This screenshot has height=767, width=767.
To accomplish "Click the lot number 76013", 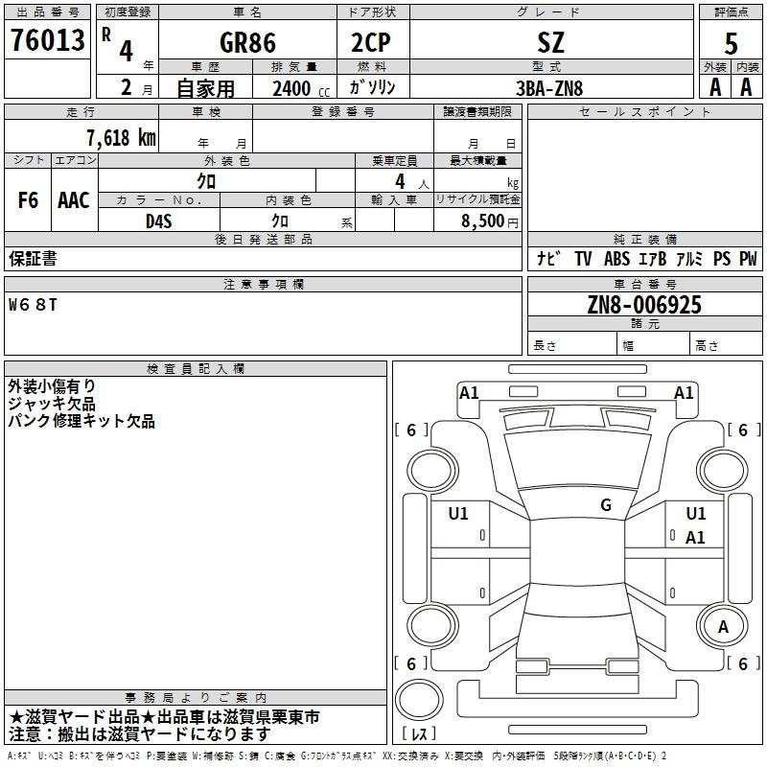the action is [47, 39].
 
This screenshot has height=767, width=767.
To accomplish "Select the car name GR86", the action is [247, 42].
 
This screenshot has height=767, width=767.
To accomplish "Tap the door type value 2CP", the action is [371, 42].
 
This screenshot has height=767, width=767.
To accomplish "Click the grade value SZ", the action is [550, 42].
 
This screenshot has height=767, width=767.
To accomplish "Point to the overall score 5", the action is [731, 43].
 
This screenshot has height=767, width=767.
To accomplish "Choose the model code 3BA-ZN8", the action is [549, 88].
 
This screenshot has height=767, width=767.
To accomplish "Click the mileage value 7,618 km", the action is [122, 138].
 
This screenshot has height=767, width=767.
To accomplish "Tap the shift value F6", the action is [28, 200].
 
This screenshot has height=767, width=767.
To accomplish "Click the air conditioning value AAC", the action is [74, 200].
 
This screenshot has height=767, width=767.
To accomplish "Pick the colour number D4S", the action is [159, 221].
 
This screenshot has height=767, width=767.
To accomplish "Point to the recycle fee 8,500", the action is [482, 221].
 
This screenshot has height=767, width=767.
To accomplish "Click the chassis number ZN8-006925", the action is [644, 305].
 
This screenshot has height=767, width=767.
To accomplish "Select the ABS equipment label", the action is [616, 259].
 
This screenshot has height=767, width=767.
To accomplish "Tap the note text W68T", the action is [33, 305].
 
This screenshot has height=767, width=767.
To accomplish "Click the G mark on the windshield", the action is [606, 505].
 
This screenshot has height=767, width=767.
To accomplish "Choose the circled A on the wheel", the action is [723, 627].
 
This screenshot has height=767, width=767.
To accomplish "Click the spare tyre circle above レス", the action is [419, 700].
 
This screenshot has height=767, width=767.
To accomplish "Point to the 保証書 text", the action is [33, 259].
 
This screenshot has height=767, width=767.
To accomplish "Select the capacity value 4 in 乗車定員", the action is [400, 181].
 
